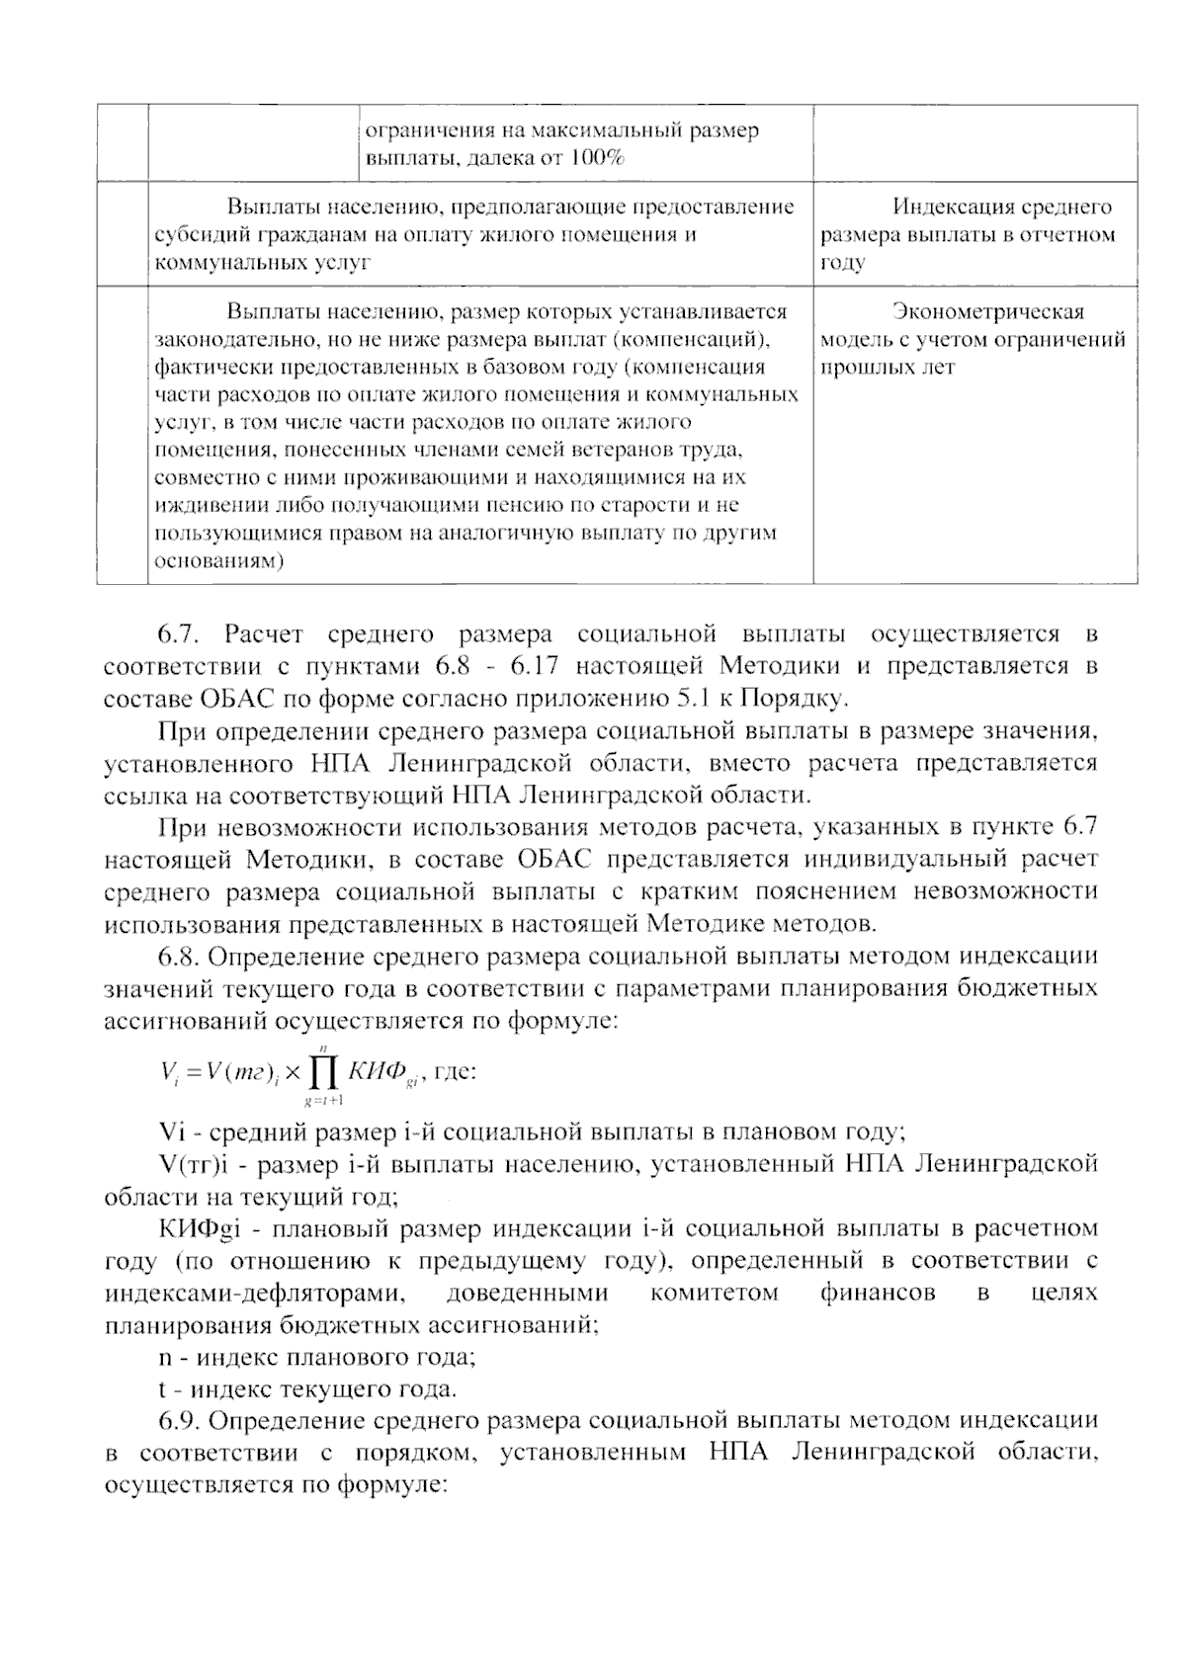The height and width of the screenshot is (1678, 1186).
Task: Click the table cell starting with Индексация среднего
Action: [974, 234]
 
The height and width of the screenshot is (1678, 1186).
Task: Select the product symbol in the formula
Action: [324, 1071]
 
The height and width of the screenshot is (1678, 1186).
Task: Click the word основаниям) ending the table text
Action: [219, 561]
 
